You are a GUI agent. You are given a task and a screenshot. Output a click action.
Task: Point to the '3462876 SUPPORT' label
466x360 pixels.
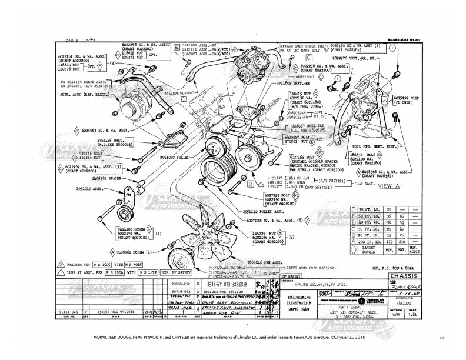click(179, 93)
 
